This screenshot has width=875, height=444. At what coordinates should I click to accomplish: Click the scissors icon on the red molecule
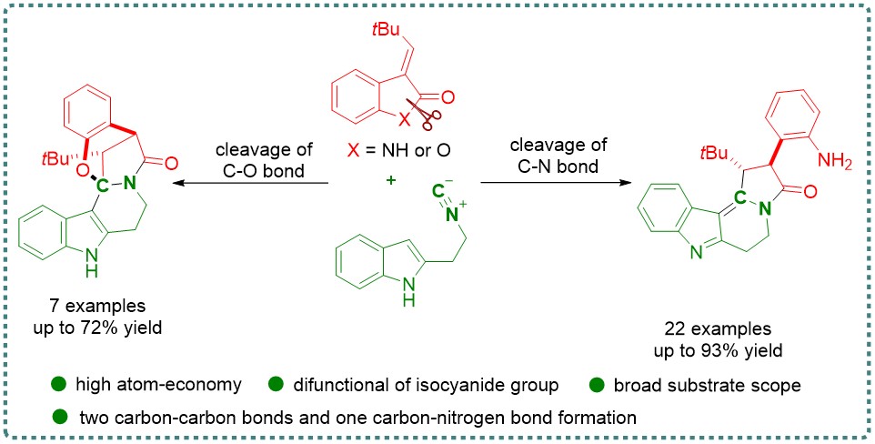[x=426, y=113]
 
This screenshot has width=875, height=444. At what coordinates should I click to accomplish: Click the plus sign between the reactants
[x=391, y=181]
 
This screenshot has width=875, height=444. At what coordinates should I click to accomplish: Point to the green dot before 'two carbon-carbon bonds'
[x=60, y=417]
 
